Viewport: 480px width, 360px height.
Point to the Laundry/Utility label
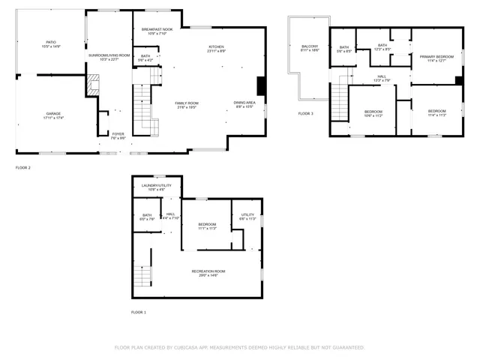pyautogui.click(x=157, y=187)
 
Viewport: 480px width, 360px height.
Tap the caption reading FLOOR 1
pyautogui.click(x=139, y=312)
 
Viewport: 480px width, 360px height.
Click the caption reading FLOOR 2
pyautogui.click(x=23, y=167)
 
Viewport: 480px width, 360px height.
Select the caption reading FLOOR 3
pyautogui.click(x=306, y=113)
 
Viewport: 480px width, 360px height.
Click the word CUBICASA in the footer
pyautogui.click(x=192, y=347)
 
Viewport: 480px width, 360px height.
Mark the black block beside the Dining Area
pyautogui.click(x=261, y=85)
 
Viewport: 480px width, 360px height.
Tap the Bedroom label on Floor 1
pyautogui.click(x=208, y=226)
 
